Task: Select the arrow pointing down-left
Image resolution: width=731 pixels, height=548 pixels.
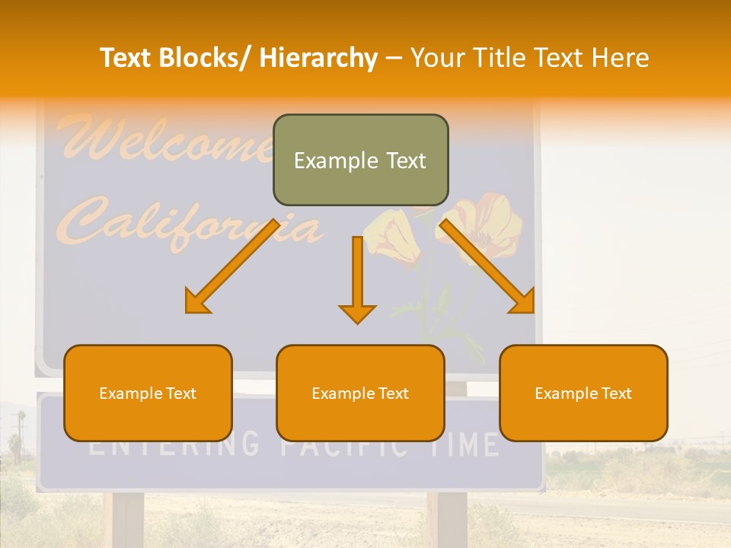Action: point(231,266)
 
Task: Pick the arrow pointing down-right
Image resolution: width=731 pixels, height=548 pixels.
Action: point(487,266)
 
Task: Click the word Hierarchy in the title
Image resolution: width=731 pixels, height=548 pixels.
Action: point(318,58)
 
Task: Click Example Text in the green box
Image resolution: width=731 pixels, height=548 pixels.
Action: point(360,161)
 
